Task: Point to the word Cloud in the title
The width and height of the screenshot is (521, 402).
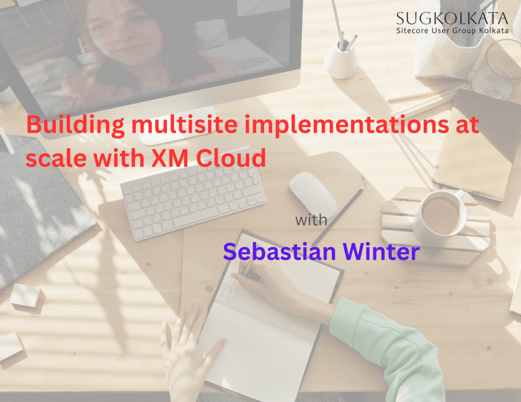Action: [x=231, y=158]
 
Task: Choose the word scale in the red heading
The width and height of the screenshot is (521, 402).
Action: [x=56, y=158]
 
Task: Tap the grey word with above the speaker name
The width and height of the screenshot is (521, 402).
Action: [x=311, y=220]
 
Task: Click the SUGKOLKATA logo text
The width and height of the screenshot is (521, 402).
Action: [x=452, y=19]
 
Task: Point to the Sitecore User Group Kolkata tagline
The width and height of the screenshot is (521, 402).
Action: [x=452, y=31]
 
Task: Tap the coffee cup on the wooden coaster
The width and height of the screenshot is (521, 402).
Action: [x=439, y=215]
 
